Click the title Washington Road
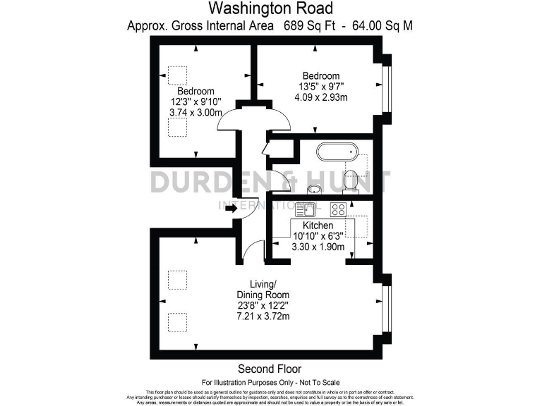coord(270,9)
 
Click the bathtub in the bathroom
coord(337,152)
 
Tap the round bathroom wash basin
coord(314,189)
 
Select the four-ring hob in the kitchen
coord(338,209)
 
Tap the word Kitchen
coord(318,226)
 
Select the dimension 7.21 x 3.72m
coord(263,317)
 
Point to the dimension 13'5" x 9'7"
coord(321,87)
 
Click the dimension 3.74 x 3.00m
coord(195,113)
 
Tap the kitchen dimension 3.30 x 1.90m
coord(318,247)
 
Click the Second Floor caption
coord(270,369)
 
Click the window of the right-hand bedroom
coord(386,89)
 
